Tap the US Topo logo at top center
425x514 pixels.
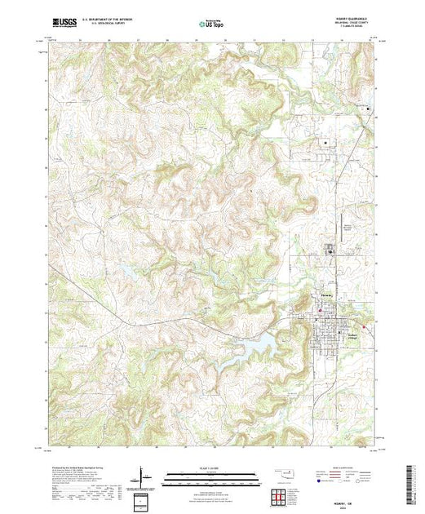(212, 25)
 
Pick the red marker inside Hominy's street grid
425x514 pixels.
(320, 310)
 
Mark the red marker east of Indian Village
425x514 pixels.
(364, 327)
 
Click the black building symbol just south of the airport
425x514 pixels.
(330, 252)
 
